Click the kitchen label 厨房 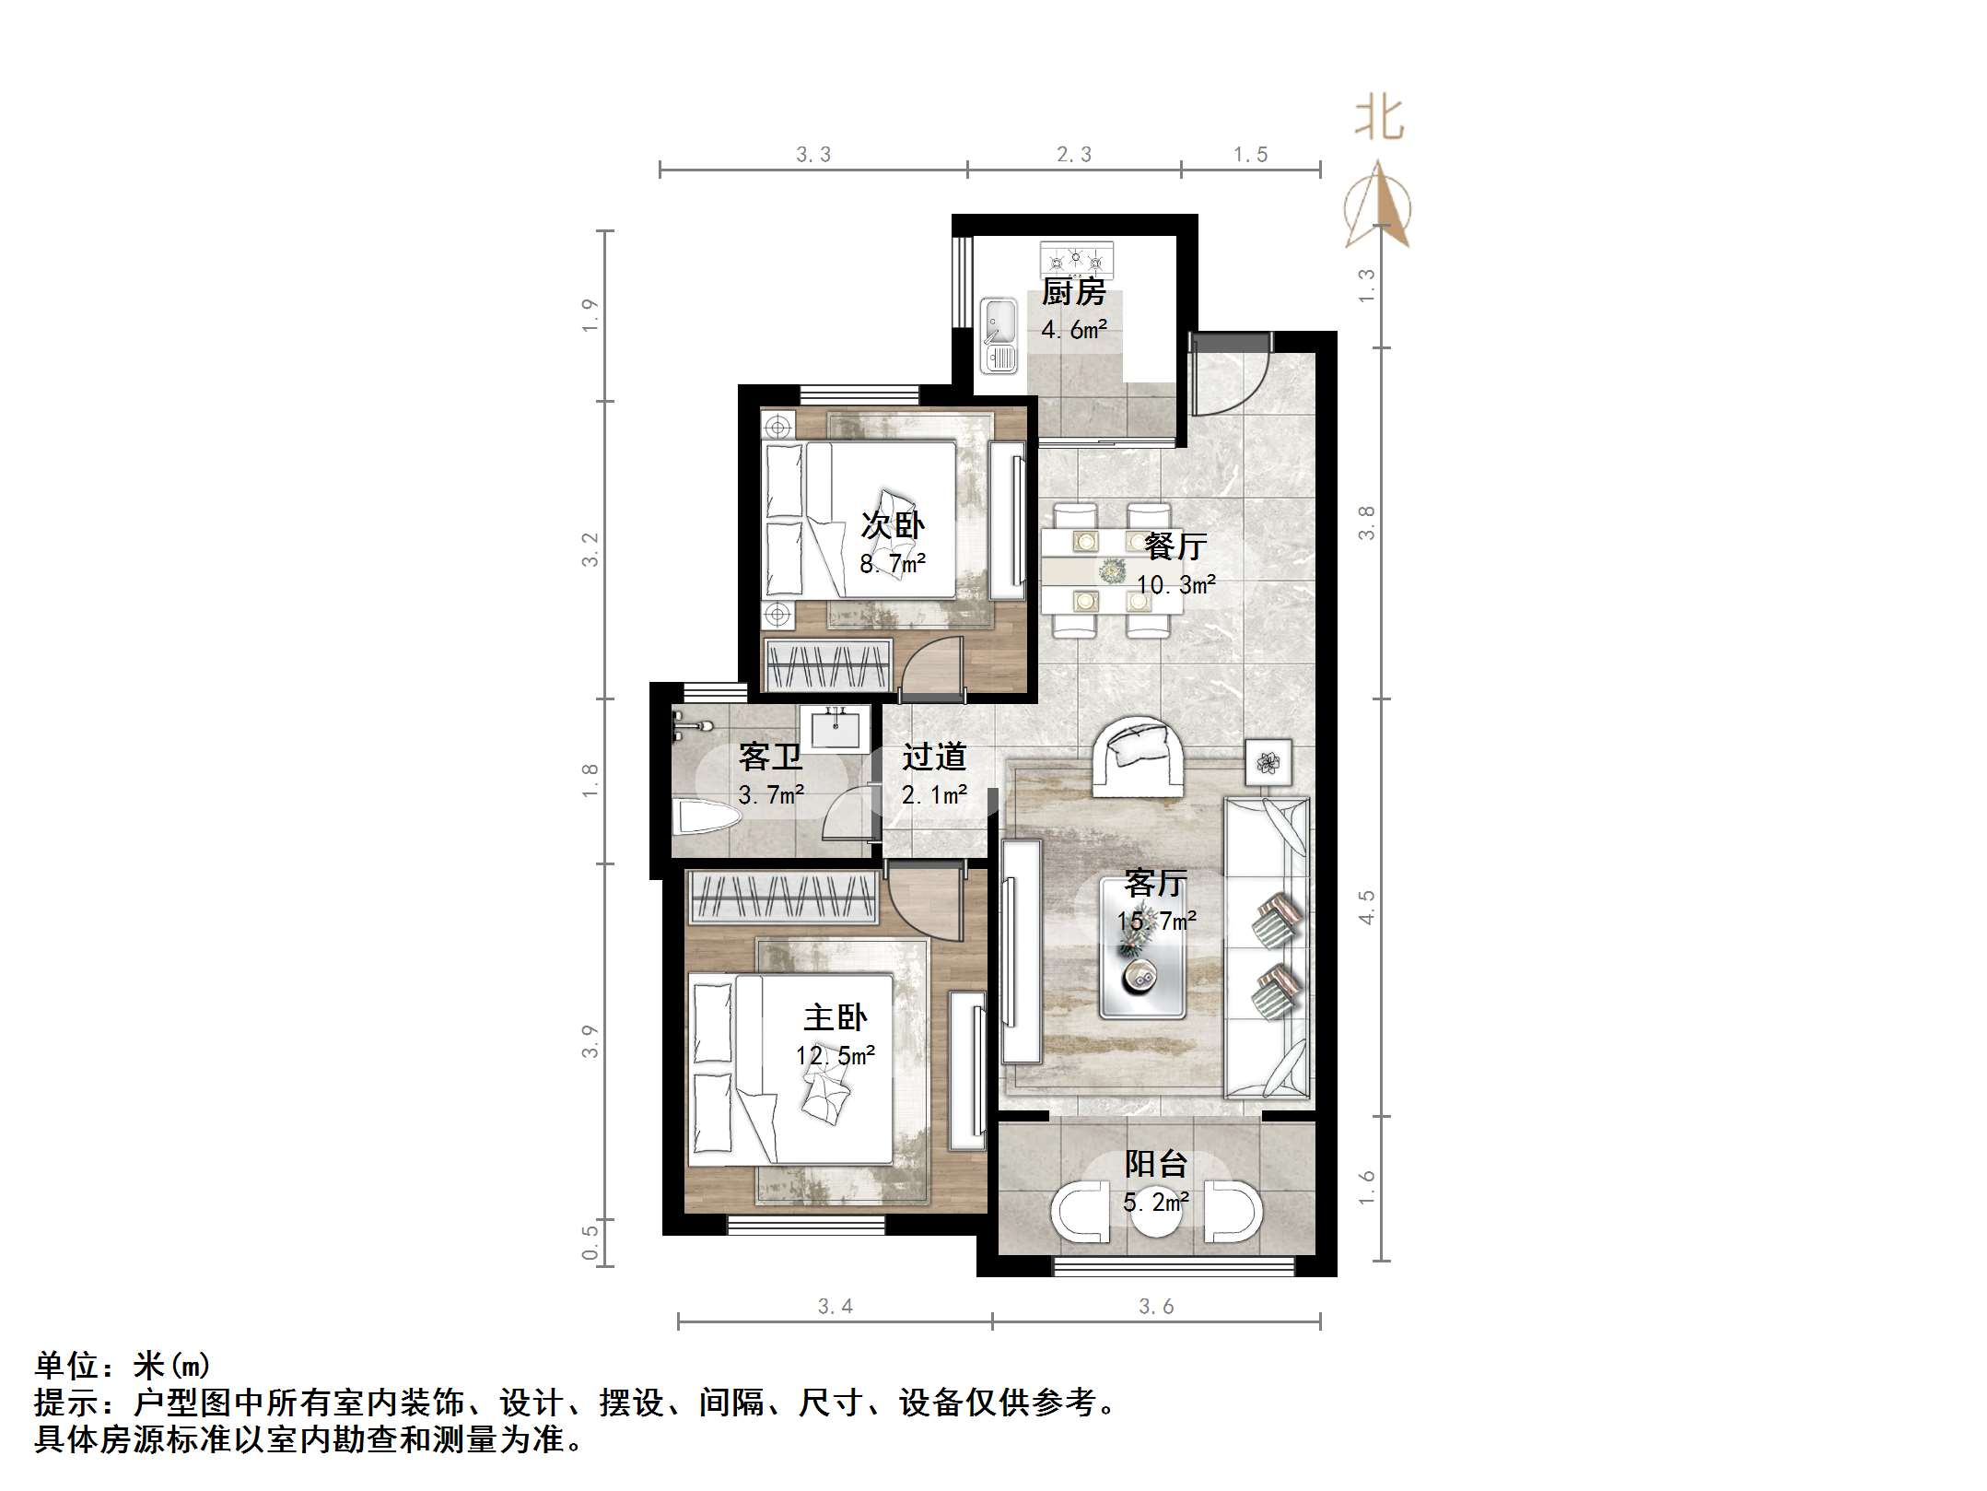click(1073, 293)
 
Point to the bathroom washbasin click(836, 728)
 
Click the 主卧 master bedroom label click(836, 1017)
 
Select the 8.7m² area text click(893, 563)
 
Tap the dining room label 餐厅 click(1175, 546)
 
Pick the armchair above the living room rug click(1139, 756)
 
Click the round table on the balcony click(1155, 1210)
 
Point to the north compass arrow click(1377, 205)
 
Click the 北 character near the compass click(1379, 120)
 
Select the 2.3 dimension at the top click(1074, 155)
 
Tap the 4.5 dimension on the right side click(1367, 907)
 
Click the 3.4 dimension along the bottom click(836, 1306)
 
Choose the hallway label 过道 click(934, 757)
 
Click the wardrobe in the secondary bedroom click(828, 663)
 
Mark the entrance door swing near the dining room click(1229, 378)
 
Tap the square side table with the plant click(1268, 762)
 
